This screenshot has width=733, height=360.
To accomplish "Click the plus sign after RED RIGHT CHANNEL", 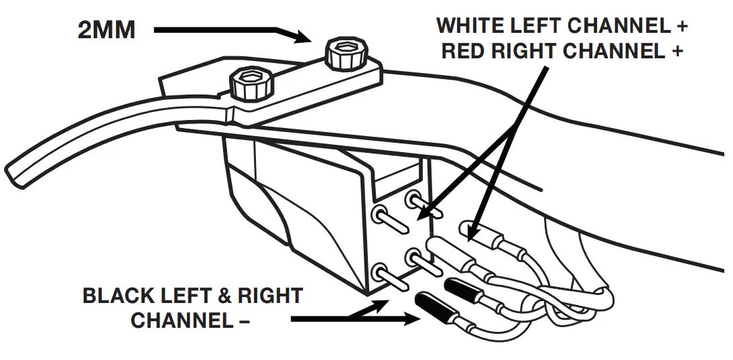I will (676, 52).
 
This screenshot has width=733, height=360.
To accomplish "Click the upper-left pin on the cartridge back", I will (379, 215).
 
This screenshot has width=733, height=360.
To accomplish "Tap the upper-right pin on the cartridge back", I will (413, 199).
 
